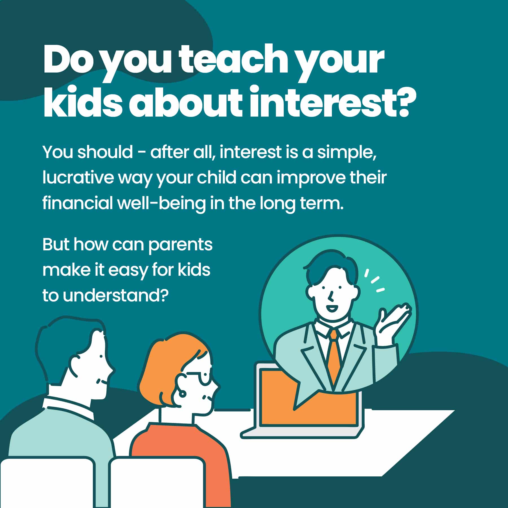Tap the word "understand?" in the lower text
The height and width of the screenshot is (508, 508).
[x=116, y=295]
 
